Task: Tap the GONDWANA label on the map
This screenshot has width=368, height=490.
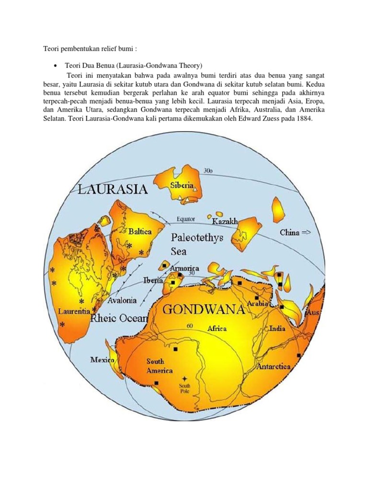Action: [x=205, y=310]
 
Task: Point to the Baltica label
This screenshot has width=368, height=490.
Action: [x=140, y=231]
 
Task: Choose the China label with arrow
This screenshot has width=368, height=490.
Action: [x=296, y=233]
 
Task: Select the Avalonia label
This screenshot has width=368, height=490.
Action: [x=122, y=301]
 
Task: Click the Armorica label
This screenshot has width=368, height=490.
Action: [x=185, y=268]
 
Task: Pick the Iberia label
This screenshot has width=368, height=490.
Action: [x=153, y=280]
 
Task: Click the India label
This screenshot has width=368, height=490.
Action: [x=277, y=329]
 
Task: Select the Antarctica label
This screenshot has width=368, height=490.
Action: [x=274, y=367]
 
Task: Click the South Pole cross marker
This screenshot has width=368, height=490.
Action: [x=184, y=379]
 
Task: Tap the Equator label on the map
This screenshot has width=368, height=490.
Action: [x=186, y=219]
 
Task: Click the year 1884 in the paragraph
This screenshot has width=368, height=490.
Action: [x=303, y=119]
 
